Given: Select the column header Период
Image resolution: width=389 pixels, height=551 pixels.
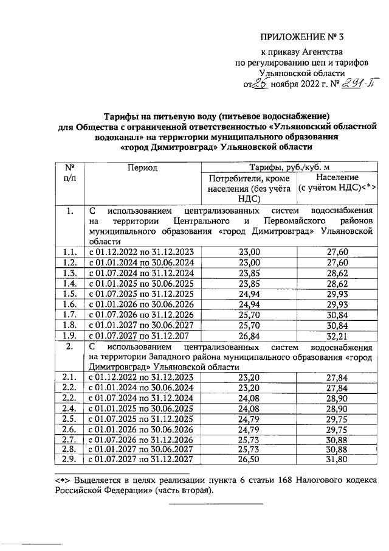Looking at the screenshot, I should click(142, 167).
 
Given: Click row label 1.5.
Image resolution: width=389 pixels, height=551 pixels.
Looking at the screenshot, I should click(69, 293).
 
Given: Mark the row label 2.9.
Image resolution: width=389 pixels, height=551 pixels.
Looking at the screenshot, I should click(69, 459).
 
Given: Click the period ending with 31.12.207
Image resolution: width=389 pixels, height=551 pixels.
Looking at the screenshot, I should click(142, 335).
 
